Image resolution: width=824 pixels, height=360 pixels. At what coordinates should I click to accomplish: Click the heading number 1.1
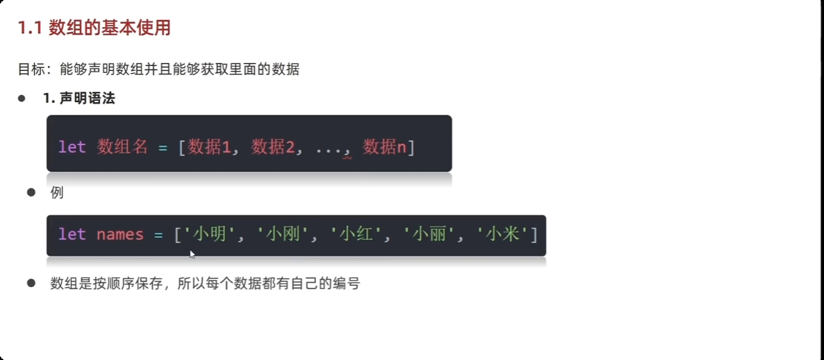point(31,28)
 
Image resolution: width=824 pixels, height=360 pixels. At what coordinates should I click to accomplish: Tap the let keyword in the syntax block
point(72,147)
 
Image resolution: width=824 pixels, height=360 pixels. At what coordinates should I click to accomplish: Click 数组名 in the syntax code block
point(122,147)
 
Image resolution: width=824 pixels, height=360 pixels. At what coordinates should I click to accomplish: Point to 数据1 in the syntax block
point(209,147)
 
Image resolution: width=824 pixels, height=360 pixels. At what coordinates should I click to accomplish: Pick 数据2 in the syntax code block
point(272,147)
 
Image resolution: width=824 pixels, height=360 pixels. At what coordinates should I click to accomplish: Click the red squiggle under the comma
point(346,158)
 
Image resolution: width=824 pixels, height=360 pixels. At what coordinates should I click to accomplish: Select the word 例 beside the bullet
point(57,193)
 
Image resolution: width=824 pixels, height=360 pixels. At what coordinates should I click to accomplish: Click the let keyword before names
point(72,234)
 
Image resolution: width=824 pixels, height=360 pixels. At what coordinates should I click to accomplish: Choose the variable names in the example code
point(120,234)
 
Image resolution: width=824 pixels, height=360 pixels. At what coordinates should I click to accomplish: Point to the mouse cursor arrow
point(192,254)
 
